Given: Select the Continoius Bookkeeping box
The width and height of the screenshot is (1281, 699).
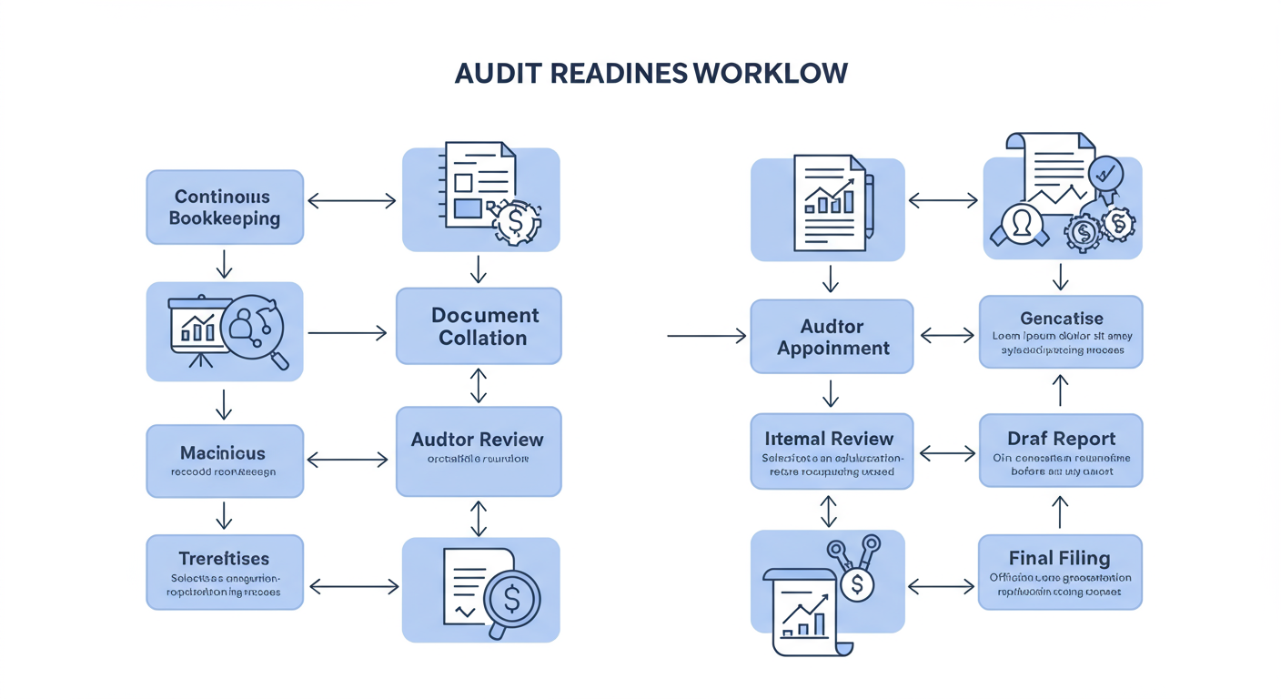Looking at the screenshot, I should (225, 208).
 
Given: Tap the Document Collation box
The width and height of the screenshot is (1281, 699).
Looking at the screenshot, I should (479, 326).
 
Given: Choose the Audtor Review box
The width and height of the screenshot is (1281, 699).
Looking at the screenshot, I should (479, 451).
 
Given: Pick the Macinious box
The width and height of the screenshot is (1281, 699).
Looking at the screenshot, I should (225, 461).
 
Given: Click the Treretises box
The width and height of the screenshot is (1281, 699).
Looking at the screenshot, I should (225, 572).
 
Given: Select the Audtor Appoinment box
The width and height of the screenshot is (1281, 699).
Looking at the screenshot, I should (832, 337).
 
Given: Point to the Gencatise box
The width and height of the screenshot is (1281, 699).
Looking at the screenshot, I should (1061, 331).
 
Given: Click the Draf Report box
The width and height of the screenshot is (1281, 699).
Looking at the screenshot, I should (1061, 450).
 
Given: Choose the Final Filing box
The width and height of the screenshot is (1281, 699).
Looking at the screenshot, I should (1061, 572).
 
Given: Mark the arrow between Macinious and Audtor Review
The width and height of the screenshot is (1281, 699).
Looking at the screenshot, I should (348, 461).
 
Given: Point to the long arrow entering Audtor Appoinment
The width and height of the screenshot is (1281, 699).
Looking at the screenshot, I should (706, 337).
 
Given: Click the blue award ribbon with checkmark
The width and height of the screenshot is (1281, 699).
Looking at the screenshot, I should (1106, 175).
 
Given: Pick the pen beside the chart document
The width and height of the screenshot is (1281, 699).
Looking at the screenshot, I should (869, 206).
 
